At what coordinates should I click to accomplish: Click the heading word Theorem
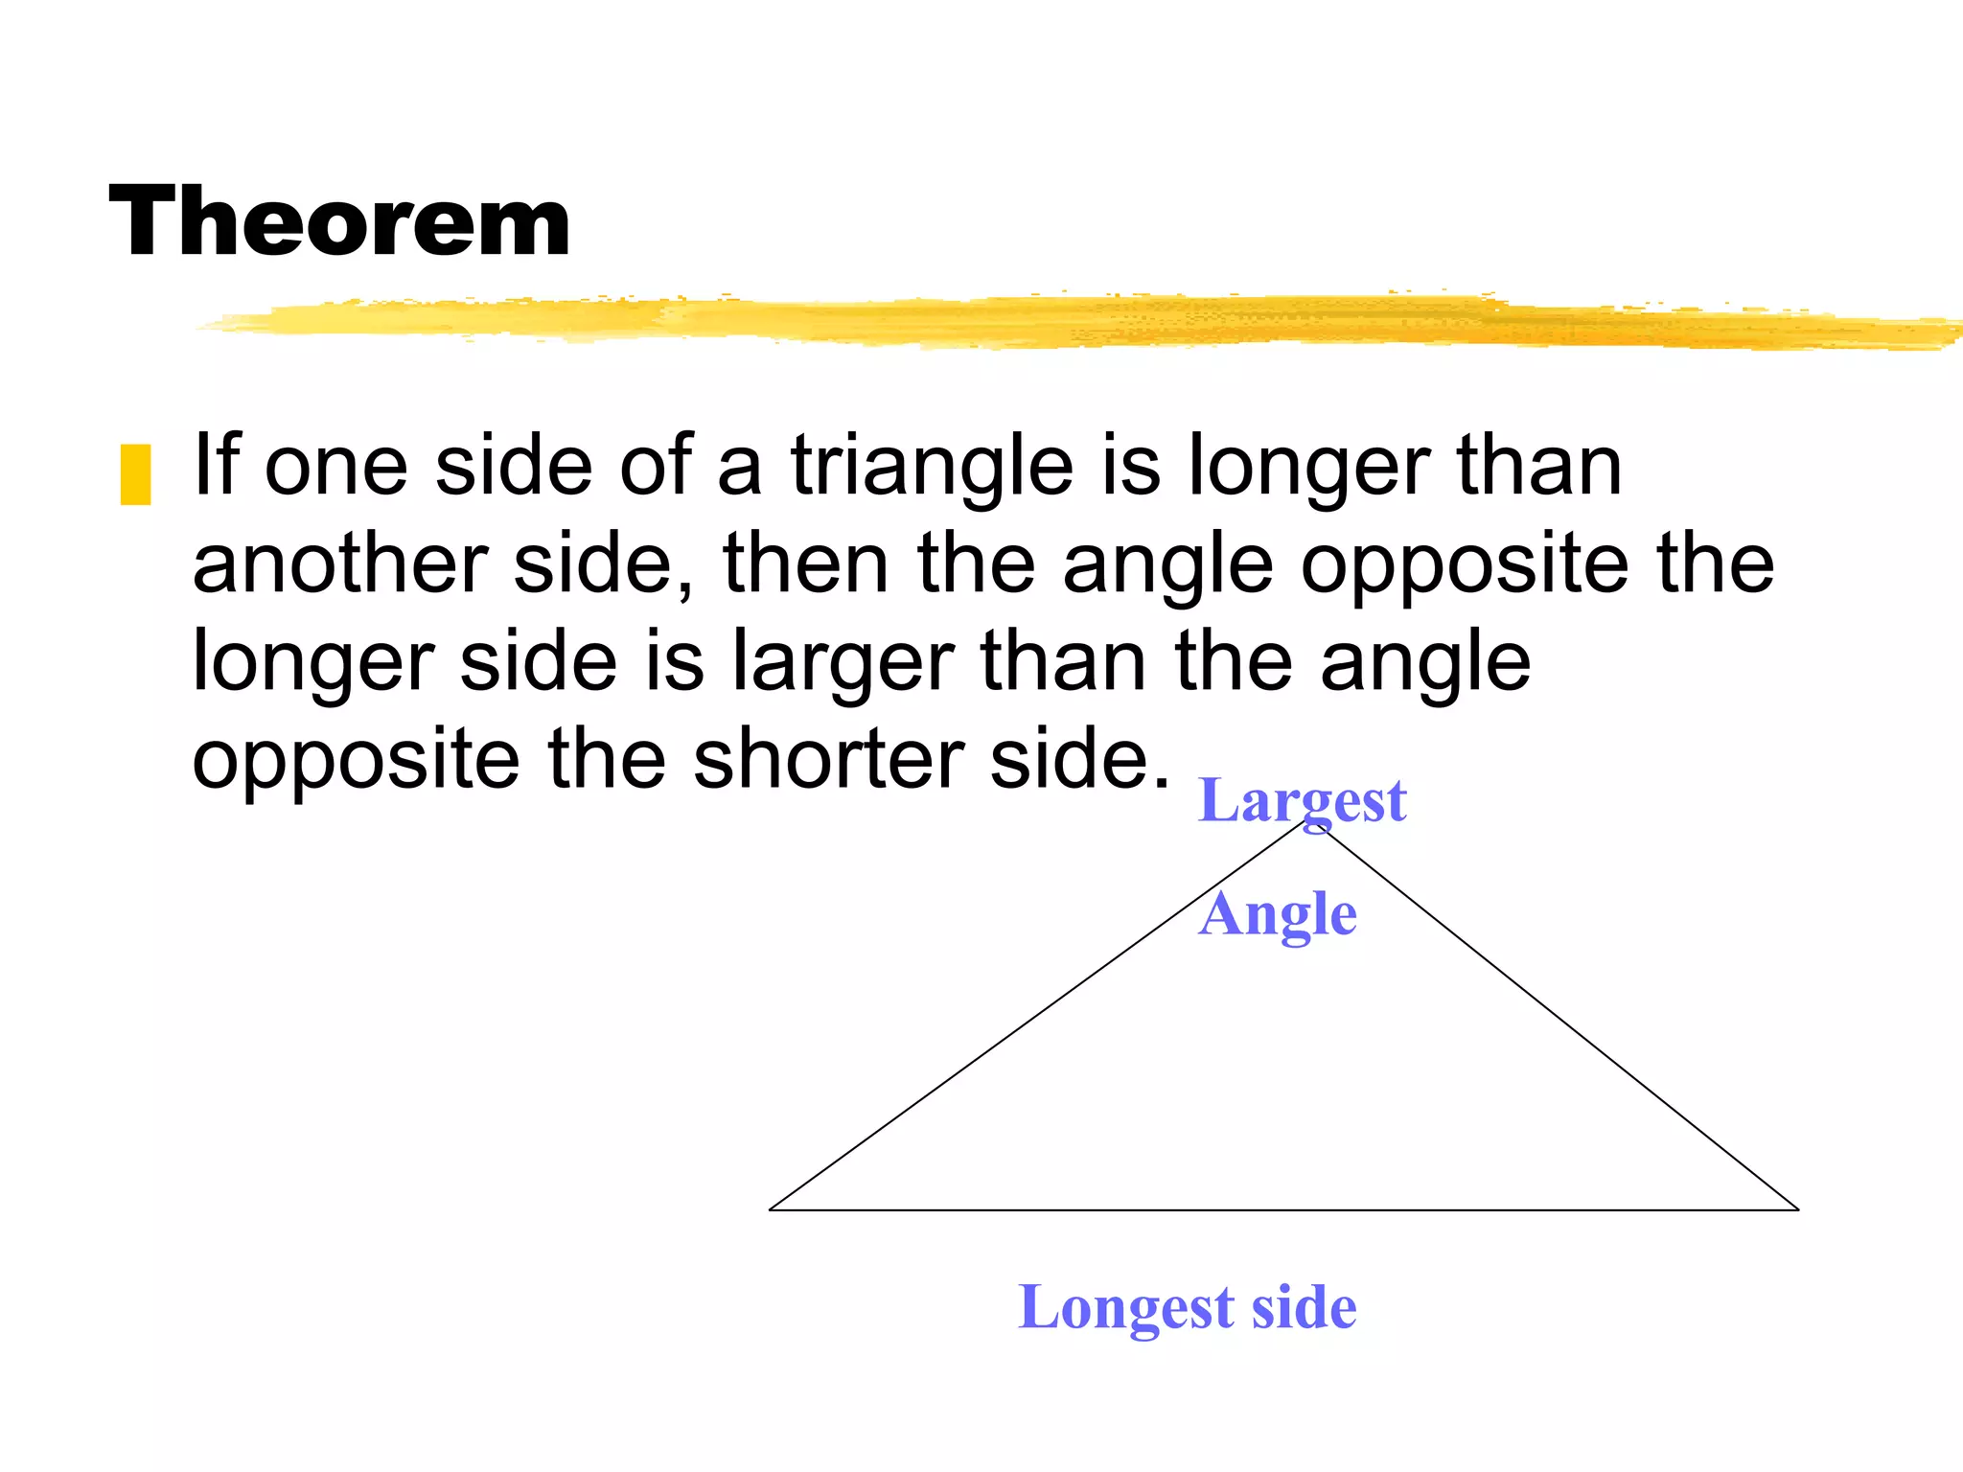pos(340,222)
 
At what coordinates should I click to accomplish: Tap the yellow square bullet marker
pos(135,474)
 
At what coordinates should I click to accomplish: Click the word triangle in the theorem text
pos(932,467)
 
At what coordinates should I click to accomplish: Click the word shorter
pos(829,759)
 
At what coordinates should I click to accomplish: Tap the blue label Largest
pos(1303,801)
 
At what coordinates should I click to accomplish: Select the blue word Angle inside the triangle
pos(1278,914)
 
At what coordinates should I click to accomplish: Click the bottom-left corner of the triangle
pos(771,1209)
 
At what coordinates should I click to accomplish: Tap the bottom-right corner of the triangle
pos(1798,1209)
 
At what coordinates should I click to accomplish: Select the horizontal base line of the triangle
pos(1284,1210)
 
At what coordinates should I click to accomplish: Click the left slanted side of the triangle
pos(1035,1017)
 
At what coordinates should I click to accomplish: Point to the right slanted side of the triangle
pos(1553,1016)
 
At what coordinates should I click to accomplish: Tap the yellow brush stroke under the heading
pos(1054,321)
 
